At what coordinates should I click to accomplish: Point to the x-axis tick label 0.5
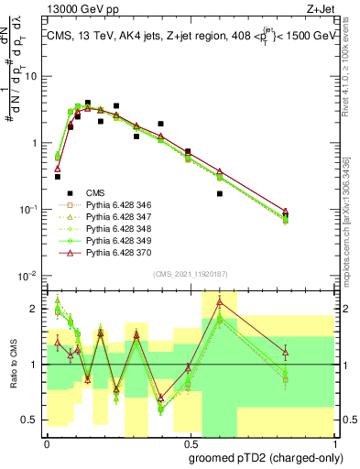(x=189, y=441)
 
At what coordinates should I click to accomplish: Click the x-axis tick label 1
(x=331, y=441)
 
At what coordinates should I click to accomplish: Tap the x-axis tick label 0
(x=47, y=441)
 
